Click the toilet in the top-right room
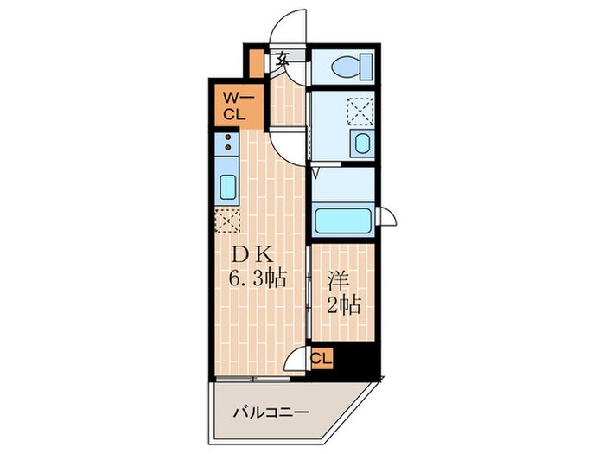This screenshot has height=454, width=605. [352, 67]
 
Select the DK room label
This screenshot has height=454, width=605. [252, 254]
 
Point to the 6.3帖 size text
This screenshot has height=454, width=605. [258, 278]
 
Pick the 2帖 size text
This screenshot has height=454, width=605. [344, 305]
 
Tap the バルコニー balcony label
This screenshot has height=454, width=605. [271, 412]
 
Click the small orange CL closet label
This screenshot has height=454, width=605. [322, 359]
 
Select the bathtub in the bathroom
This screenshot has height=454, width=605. [343, 221]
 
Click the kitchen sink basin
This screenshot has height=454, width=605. [227, 187]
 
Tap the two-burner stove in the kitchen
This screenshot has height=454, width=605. [226, 143]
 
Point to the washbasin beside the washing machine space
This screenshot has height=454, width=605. [362, 144]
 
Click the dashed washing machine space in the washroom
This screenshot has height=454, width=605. [360, 112]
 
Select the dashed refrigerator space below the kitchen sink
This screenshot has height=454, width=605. [227, 221]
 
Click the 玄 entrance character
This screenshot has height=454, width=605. [283, 59]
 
